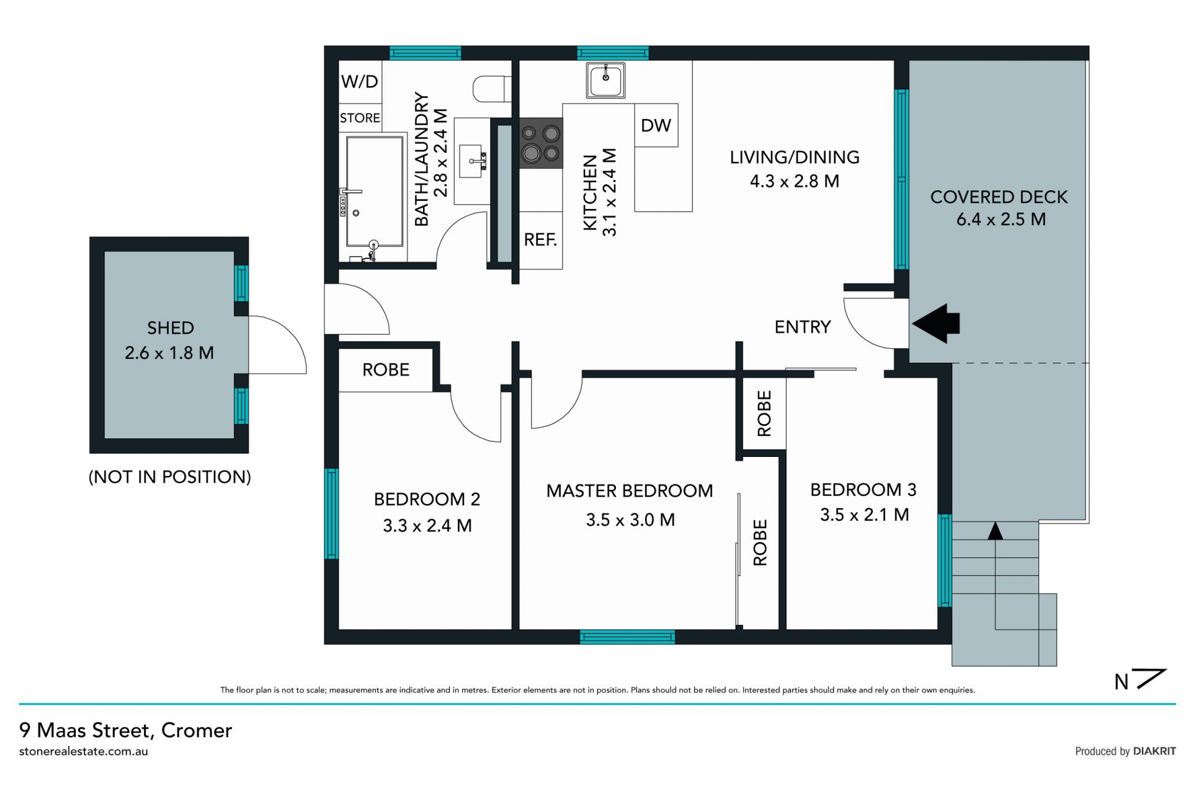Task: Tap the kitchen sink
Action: pos(605,79)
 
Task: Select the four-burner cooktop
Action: pos(541,143)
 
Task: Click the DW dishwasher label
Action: pos(656,125)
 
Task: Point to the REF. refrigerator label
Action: pos(540,240)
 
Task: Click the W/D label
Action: pos(360,81)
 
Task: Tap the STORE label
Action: pos(360,118)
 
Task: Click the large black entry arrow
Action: pos(936,323)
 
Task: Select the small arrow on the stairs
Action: pos(995,531)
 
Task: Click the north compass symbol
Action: pos(1140,680)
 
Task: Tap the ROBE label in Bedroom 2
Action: pos(386,370)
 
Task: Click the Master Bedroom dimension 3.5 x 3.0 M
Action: pos(630,520)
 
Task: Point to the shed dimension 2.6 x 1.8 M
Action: pos(169,353)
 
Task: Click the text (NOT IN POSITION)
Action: pos(170,477)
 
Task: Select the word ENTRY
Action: pos(803,327)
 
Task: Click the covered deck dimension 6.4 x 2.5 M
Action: pos(1001,219)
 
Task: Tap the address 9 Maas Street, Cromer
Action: pos(126,730)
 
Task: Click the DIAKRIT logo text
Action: pos(1154,751)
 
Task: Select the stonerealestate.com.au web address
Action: pos(84,751)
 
